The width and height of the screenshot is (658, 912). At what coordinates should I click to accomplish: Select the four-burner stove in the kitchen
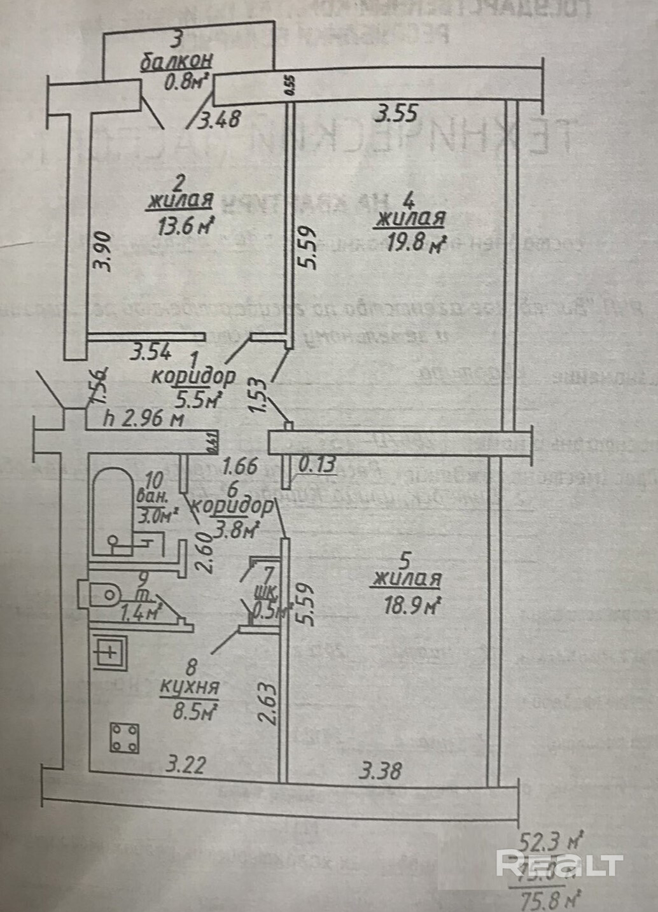(125, 738)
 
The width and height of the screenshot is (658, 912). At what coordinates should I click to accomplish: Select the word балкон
(177, 63)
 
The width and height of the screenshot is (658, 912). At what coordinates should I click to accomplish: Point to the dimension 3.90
(105, 251)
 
